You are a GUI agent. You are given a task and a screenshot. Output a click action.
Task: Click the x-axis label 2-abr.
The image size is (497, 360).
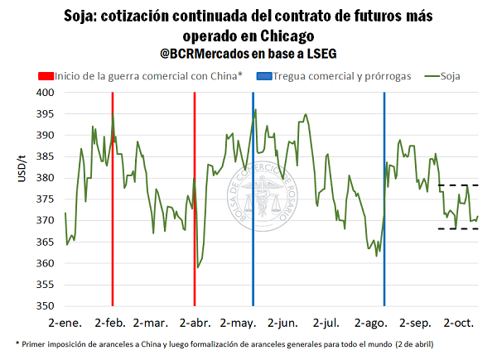(x=192, y=321)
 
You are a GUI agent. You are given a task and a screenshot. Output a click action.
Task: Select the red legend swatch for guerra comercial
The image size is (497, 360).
(x=41, y=76)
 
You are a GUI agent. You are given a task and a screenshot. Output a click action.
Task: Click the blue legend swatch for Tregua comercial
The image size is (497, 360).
(x=261, y=76)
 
